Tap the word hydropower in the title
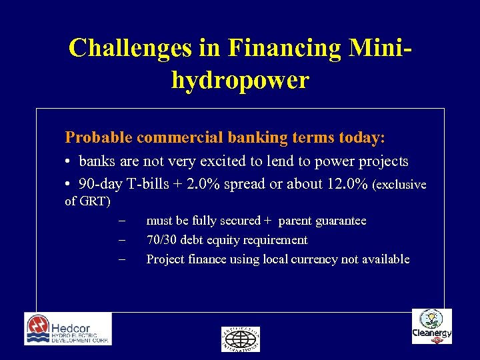(240, 80)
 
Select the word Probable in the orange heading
(98, 138)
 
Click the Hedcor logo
(68, 329)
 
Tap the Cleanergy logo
(431, 327)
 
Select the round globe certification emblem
(240, 339)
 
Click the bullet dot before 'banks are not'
(69, 162)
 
